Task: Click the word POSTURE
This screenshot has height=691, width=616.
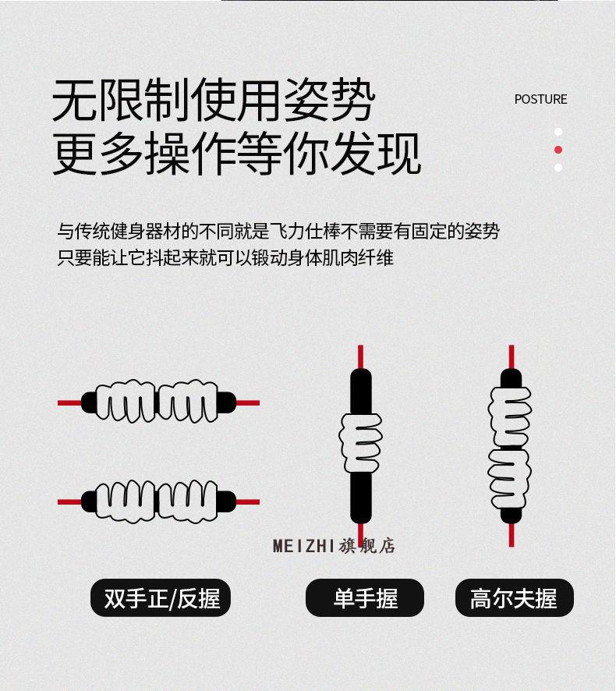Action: coord(540,99)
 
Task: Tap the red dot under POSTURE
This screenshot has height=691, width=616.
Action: coord(558,150)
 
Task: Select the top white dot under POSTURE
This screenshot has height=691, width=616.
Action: coord(558,132)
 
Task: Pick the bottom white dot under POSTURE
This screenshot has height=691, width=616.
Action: coord(558,168)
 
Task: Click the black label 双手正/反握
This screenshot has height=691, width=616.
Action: coord(161,598)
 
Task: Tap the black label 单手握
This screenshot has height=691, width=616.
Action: coord(365,598)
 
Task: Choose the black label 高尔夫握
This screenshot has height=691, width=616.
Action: coord(514,598)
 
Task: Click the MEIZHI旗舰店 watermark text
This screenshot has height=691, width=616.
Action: coord(334,545)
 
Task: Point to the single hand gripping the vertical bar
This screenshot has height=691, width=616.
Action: coord(360,442)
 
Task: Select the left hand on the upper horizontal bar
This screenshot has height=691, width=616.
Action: coord(129,402)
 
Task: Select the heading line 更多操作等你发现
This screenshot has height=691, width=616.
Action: coord(236,154)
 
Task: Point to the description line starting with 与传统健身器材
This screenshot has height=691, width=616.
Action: coord(278,231)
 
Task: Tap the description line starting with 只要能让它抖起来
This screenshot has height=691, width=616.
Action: coord(225,257)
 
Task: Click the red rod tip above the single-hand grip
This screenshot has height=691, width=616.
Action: coord(360,356)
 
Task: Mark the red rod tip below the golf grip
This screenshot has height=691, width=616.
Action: coord(512,534)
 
